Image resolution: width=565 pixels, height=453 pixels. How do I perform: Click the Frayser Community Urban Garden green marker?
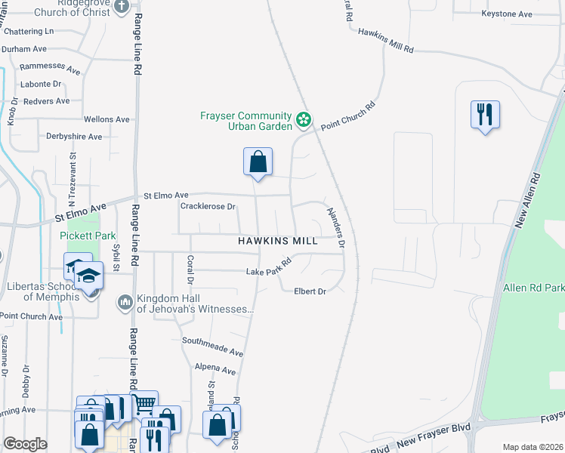click(x=303, y=120)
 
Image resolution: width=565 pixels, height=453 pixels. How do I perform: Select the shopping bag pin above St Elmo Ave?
click(x=258, y=162)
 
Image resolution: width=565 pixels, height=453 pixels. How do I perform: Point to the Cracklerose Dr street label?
click(x=208, y=206)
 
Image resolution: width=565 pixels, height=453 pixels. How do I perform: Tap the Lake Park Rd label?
click(x=269, y=268)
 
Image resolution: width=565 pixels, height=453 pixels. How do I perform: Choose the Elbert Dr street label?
click(x=310, y=291)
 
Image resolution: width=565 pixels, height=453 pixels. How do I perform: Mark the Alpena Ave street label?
click(x=215, y=370)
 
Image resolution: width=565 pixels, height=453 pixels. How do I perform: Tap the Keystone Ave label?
click(x=507, y=14)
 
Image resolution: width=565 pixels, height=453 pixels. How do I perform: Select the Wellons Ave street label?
click(x=107, y=119)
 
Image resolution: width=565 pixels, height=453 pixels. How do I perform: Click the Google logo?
click(x=25, y=444)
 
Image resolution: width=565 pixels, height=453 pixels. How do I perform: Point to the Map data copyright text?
click(x=533, y=447)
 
